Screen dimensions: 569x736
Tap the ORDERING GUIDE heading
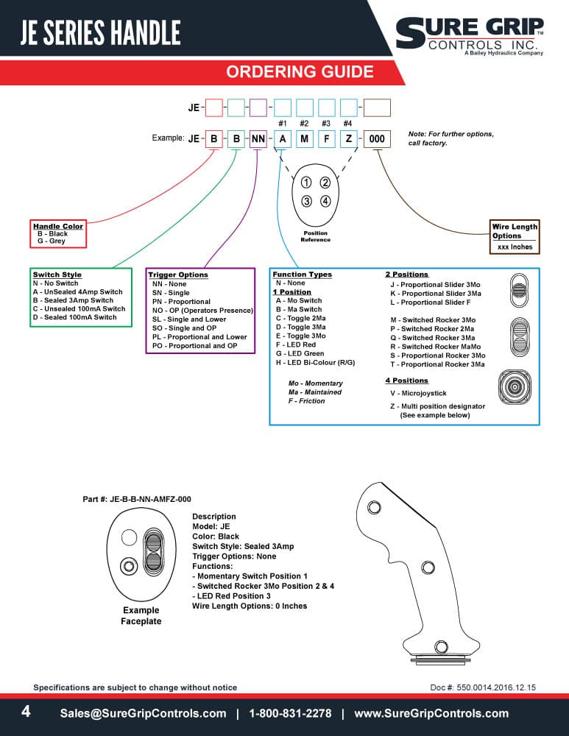tap(300, 72)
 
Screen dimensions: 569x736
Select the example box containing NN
tap(258, 139)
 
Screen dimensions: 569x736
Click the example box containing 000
tap(377, 139)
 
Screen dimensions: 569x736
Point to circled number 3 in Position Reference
tap(306, 202)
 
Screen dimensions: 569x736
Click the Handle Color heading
tap(57, 226)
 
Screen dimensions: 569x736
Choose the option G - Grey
tap(52, 241)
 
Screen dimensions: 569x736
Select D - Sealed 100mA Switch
tap(74, 317)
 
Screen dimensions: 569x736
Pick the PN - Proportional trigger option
tap(181, 302)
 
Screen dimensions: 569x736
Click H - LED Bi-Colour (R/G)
tap(316, 363)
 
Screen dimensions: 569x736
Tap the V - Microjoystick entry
tap(418, 393)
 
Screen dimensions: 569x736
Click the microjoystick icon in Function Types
tap(515, 387)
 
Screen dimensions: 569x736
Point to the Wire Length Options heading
tap(515, 231)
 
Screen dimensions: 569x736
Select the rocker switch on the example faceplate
tap(153, 552)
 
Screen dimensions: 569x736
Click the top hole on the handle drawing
tap(374, 507)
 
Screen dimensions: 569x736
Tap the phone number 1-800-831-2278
tap(290, 713)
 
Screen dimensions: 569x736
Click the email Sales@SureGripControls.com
tap(144, 713)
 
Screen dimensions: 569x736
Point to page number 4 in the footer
tap(26, 712)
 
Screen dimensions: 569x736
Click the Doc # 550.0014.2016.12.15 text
tap(483, 687)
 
